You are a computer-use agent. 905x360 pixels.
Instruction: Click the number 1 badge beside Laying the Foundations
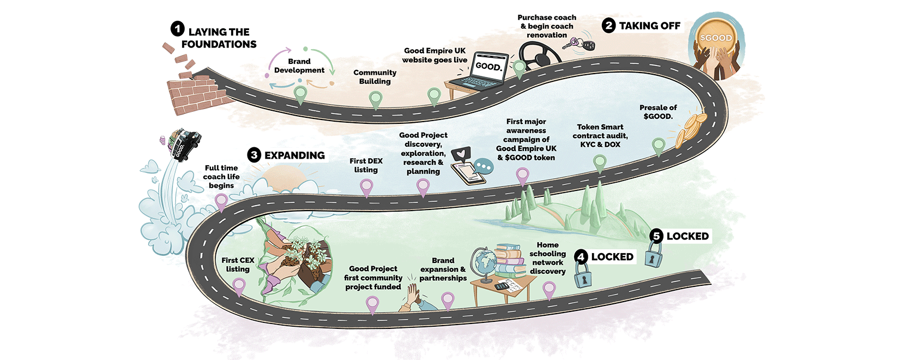[x=177, y=28]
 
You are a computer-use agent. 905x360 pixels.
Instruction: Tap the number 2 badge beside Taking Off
[x=609, y=25]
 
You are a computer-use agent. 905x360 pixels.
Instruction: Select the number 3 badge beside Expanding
[x=254, y=155]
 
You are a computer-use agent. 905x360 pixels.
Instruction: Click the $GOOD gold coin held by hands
[x=716, y=38]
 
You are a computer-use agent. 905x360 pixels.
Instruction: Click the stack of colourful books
[x=510, y=260]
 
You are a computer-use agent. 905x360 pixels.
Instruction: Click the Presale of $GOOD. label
[x=658, y=112]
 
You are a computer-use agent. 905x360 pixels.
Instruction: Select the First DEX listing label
[x=366, y=165]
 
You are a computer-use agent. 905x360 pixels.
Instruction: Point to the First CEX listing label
[x=238, y=265]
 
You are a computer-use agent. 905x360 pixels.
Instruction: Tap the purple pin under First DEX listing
[x=366, y=187]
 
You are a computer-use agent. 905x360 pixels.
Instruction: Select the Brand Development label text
[x=299, y=66]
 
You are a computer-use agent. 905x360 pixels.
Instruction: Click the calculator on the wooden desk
[x=502, y=286]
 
